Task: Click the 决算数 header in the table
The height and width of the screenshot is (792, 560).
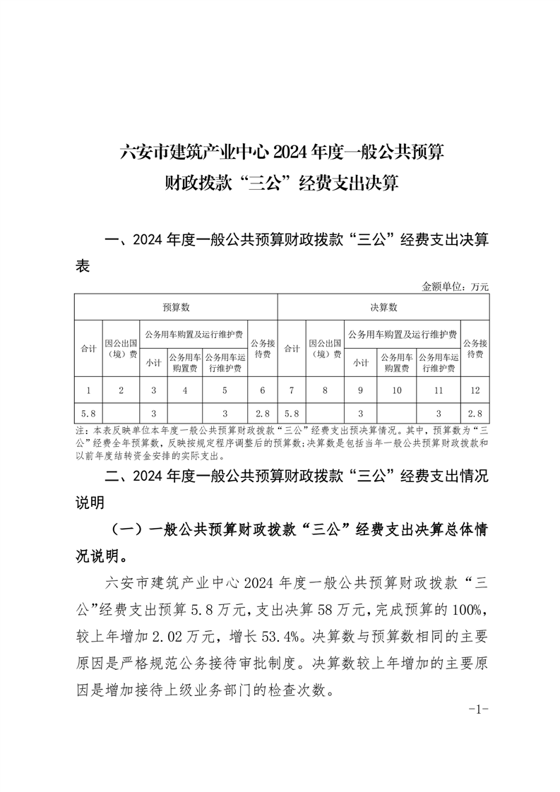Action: [x=384, y=307]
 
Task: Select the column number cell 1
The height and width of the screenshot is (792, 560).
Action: [x=88, y=390]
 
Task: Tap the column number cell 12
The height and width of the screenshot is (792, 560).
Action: [x=475, y=390]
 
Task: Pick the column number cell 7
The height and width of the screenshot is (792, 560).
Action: [x=291, y=390]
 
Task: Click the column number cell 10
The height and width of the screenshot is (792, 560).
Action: [x=396, y=390]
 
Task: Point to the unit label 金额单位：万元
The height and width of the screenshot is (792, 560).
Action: [x=455, y=287]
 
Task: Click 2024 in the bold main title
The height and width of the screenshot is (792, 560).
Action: [x=290, y=152]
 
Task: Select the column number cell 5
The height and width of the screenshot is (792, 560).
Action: [x=225, y=390]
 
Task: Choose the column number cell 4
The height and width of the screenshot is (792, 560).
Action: [x=184, y=390]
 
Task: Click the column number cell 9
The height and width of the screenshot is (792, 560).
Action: [x=361, y=390]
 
